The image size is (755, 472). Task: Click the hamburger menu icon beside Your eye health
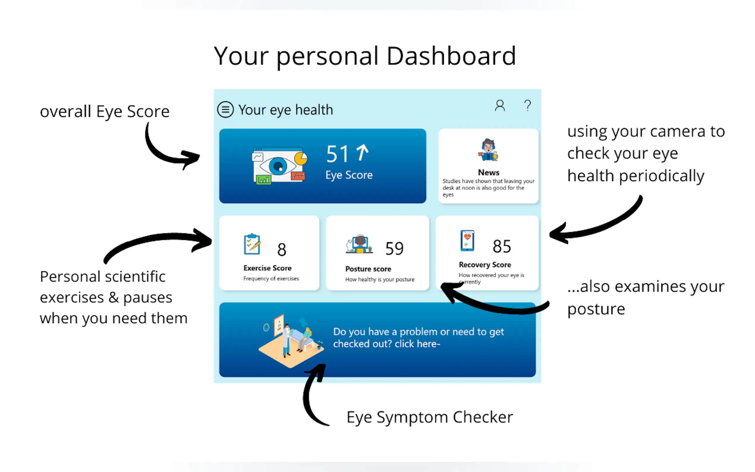point(225,110)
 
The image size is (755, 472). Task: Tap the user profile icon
point(500,106)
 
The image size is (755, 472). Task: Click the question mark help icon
point(528,106)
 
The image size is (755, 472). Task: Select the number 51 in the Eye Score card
point(337,154)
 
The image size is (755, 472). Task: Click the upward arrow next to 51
point(362,152)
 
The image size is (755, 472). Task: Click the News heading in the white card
point(488,172)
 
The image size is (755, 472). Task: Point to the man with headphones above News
point(488,150)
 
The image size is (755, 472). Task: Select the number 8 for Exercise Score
point(281,249)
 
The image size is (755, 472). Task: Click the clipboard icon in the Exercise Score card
point(252,244)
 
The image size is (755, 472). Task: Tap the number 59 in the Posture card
point(394,248)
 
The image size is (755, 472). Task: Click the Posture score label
point(368,269)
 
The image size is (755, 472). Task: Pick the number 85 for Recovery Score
point(502,246)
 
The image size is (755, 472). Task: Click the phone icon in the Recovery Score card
point(467,241)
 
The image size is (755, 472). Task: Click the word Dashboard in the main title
point(451,56)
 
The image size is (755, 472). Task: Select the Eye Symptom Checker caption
point(430,417)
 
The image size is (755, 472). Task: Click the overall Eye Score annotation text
point(105,112)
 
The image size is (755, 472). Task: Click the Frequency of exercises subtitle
point(271,279)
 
